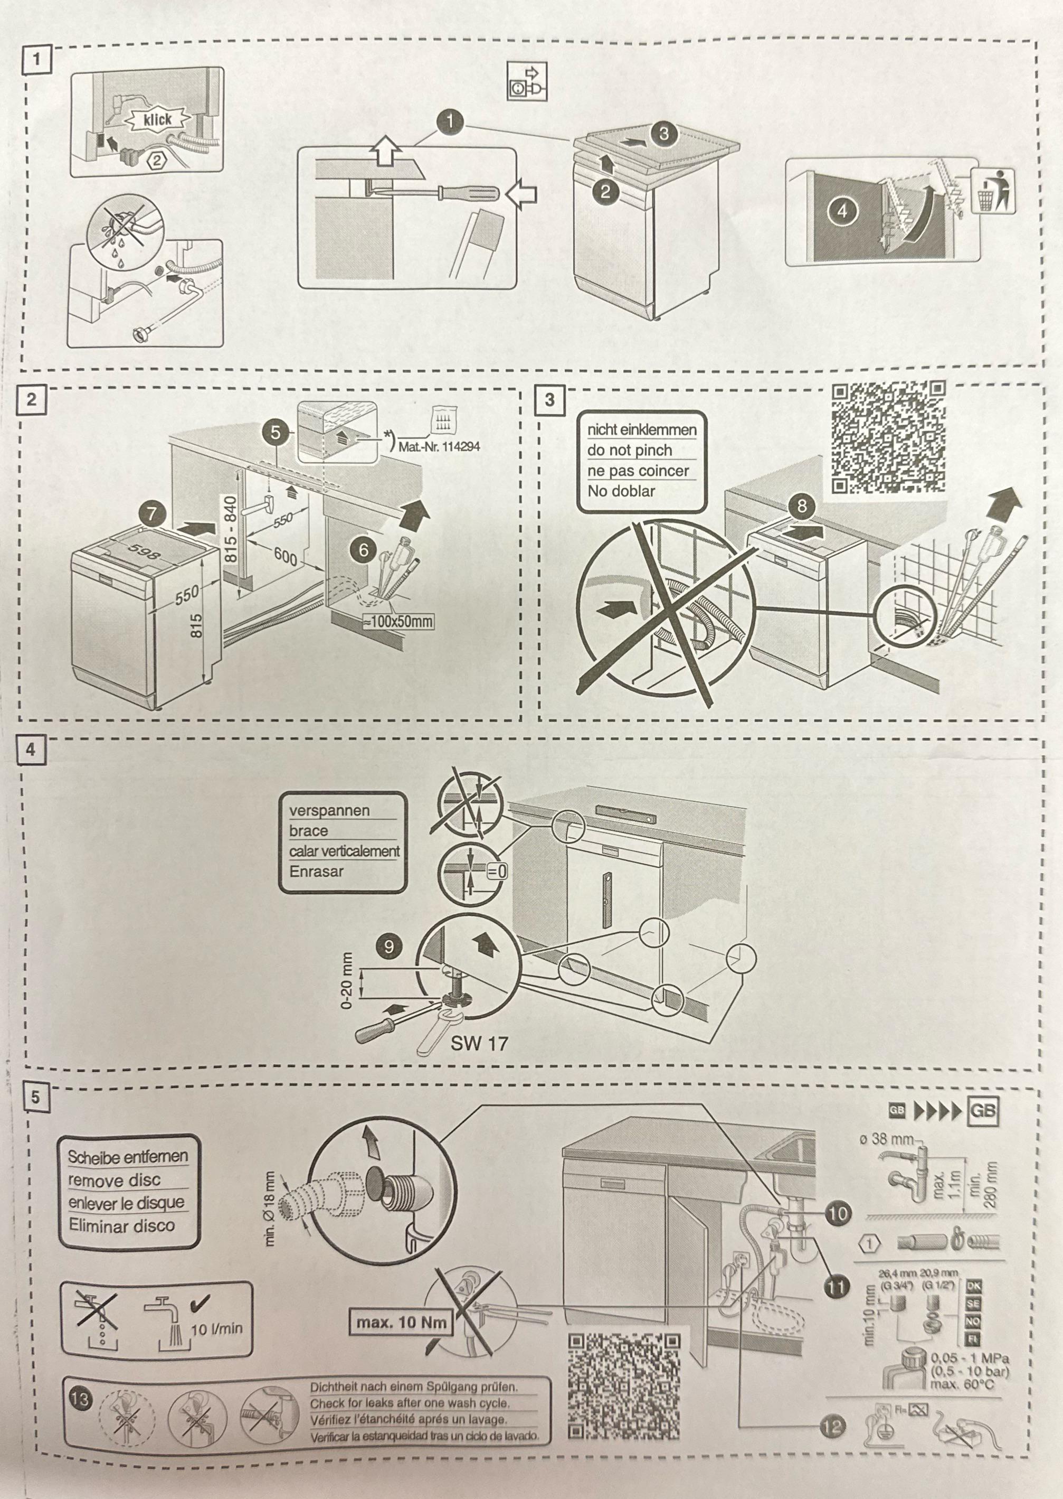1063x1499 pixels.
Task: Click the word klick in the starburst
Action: (x=157, y=119)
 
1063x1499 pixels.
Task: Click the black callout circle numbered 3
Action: (x=664, y=134)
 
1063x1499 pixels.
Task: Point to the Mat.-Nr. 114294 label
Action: (x=439, y=447)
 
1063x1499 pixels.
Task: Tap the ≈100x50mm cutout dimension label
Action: (x=398, y=621)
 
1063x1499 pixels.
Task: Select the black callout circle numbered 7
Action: (x=152, y=513)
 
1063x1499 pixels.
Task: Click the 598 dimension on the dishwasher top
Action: (x=143, y=551)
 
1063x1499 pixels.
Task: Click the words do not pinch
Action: (x=630, y=451)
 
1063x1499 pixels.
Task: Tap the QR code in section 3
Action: (x=888, y=437)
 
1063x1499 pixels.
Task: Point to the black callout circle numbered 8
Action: (x=802, y=505)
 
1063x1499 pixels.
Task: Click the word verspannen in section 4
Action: (x=329, y=811)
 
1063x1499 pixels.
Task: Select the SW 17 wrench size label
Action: (x=479, y=1043)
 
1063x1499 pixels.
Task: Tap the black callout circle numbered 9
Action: (x=389, y=947)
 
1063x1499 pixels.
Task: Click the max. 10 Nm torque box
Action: (x=401, y=1322)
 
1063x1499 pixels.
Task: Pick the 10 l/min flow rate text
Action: (x=216, y=1329)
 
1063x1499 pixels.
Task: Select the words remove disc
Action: (x=114, y=1181)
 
